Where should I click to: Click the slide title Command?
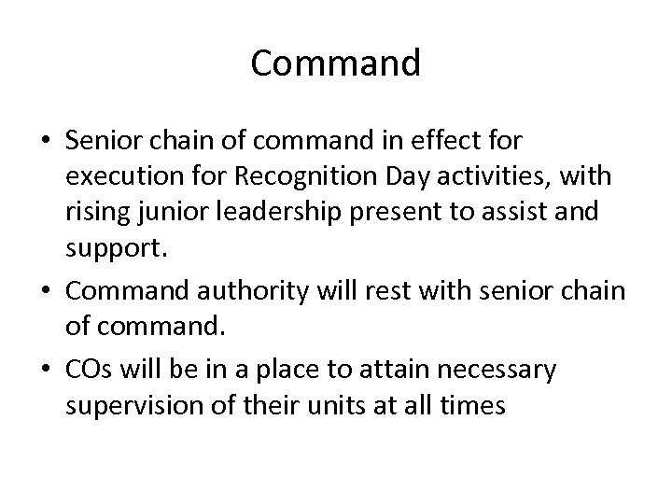[336, 63]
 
